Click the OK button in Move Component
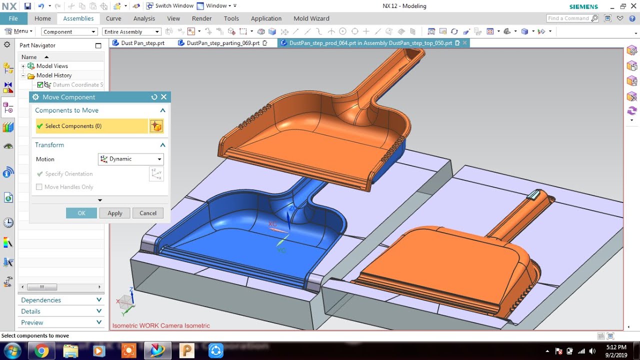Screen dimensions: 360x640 pos(81,213)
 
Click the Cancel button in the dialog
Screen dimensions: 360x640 pos(147,213)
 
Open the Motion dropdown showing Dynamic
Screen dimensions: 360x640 pos(131,159)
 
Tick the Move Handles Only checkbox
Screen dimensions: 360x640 pos(39,187)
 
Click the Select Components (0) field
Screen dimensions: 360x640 pos(92,126)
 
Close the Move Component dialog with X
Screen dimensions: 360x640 pos(163,97)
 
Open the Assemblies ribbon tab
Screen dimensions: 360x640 pos(78,18)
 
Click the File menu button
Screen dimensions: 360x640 pos(13,18)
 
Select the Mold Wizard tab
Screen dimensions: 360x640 pos(311,18)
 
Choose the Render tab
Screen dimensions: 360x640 pos(202,18)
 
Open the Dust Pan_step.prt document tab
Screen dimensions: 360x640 pos(142,43)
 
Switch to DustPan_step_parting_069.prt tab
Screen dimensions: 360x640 pos(223,43)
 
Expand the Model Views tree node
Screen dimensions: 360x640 pos(23,66)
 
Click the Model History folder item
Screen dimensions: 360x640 pos(53,75)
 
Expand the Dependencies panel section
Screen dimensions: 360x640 pos(60,300)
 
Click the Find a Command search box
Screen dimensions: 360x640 pos(568,18)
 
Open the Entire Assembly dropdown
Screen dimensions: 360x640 pos(131,31)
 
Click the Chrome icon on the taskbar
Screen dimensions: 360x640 pos(42,351)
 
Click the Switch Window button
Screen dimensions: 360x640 pos(169,6)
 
